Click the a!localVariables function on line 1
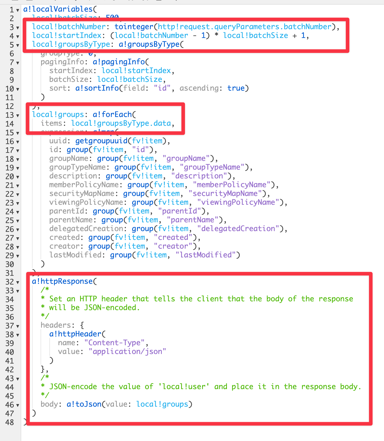pyautogui.click(x=58, y=9)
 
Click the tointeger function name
pyautogui.click(x=134, y=27)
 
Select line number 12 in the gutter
pyautogui.click(x=10, y=106)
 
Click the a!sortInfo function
pyautogui.click(x=97, y=88)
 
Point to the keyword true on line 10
pyautogui.click(x=236, y=88)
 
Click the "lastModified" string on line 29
pyautogui.click(x=205, y=255)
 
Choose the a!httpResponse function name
pyautogui.click(x=62, y=281)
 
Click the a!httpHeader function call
pyautogui.click(x=75, y=334)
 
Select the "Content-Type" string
pyautogui.click(x=114, y=343)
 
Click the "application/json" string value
pyautogui.click(x=127, y=352)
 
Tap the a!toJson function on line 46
pyautogui.click(x=84, y=404)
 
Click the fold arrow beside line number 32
pyautogui.click(x=18, y=282)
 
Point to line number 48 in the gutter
pyautogui.click(x=10, y=422)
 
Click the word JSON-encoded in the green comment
pyautogui.click(x=112, y=308)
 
